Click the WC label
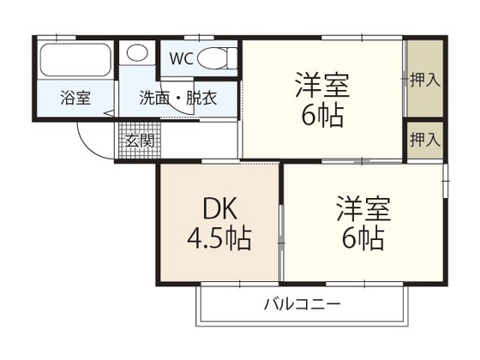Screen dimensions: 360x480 coord(182,59)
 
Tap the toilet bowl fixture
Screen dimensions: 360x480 coord(221,58)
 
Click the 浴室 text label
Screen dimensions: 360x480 coord(75,98)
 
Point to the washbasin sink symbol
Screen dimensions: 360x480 coord(137,53)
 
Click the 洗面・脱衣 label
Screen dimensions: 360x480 coord(178,98)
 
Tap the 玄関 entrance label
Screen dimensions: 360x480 coord(140,140)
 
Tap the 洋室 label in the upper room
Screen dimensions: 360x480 coord(321,85)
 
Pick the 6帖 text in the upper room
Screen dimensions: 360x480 coord(321,114)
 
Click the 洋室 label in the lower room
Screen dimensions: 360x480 coord(363,208)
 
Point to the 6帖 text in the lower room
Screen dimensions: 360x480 coord(363,237)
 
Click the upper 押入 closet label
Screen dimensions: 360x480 coord(424,81)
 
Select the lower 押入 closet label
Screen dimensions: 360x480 coord(424,140)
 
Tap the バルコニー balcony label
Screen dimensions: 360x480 coord(302,303)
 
